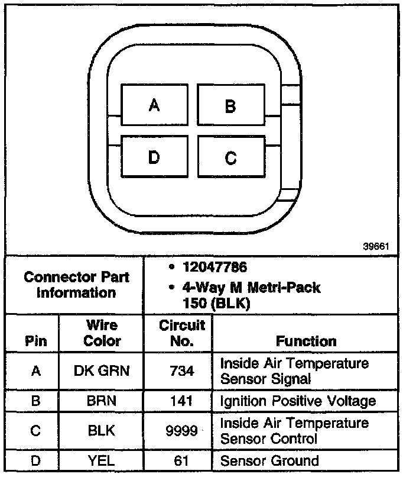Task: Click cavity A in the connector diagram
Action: [x=154, y=105]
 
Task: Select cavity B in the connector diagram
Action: [x=230, y=106]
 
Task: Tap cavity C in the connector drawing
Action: [x=230, y=157]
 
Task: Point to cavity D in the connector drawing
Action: [x=154, y=157]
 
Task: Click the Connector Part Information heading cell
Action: [x=76, y=285]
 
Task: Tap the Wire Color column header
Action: [x=102, y=333]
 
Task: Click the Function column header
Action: [x=306, y=341]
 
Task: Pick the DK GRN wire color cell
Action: [x=102, y=371]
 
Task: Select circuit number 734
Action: [x=181, y=371]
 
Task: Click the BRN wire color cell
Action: [x=102, y=401]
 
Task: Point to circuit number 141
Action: [x=181, y=401]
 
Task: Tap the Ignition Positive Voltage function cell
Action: [x=298, y=401]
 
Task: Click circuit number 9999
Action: [x=181, y=431]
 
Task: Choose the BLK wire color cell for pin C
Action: [x=102, y=431]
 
